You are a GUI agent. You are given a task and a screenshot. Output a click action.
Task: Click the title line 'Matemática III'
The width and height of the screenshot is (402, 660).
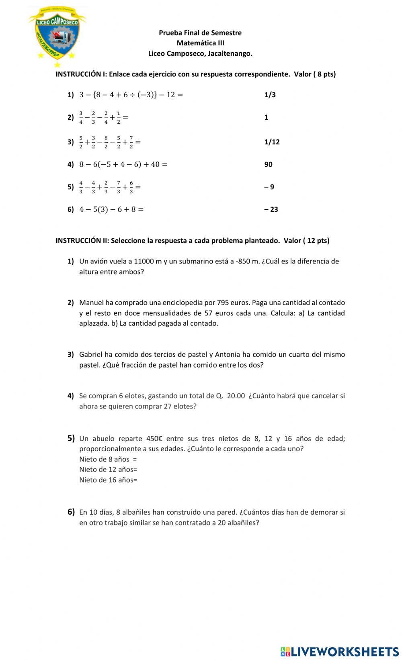200,43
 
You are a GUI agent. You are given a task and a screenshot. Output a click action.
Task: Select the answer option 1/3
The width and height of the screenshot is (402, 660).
270,95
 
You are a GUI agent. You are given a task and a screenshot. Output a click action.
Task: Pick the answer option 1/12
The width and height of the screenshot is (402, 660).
272,142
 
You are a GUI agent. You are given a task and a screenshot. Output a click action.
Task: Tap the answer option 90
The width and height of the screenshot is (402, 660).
268,164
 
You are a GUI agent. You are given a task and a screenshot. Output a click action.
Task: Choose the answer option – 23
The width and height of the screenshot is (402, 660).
271,209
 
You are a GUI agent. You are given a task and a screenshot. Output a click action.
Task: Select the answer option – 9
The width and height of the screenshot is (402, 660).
269,187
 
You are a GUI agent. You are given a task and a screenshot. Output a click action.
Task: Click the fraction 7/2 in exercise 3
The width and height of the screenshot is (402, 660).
131,142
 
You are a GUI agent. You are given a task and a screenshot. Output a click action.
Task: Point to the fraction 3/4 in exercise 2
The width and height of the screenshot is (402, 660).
81,117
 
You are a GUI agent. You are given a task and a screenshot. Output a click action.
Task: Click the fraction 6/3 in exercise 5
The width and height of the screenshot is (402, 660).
131,187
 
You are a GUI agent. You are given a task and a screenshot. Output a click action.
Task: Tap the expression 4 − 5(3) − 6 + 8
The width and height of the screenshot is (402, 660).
111,209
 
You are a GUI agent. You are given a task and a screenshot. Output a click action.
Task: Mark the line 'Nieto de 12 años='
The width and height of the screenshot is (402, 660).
108,469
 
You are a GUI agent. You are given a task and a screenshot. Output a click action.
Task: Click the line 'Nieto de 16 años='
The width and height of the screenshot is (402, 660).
108,480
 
